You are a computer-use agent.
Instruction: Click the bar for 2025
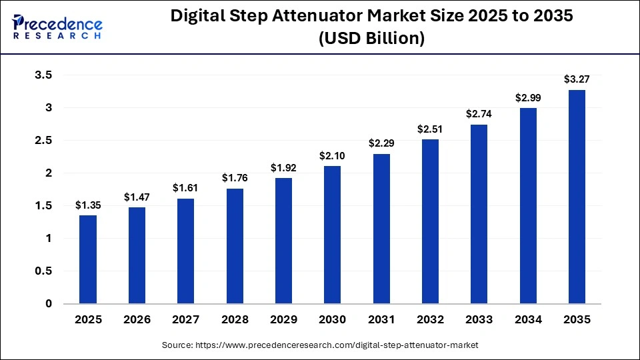[x=88, y=259]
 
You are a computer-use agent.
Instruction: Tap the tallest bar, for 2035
[x=577, y=197]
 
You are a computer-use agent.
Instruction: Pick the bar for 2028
[x=235, y=246]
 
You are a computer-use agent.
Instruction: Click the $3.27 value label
[x=577, y=80]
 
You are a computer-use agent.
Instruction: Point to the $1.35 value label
[x=88, y=205]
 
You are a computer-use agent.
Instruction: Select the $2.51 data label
[x=430, y=129]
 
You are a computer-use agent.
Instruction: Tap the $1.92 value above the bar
[x=283, y=167]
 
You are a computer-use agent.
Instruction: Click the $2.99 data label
[x=528, y=97]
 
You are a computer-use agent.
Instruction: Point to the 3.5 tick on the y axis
[x=44, y=75]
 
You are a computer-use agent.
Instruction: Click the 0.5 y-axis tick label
[x=44, y=271]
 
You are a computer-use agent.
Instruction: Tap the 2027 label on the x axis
[x=185, y=320]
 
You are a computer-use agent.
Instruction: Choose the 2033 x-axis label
[x=479, y=320]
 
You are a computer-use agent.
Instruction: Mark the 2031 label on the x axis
[x=381, y=320]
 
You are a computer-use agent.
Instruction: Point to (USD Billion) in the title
[x=371, y=39]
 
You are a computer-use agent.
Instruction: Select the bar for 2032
[x=430, y=221]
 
